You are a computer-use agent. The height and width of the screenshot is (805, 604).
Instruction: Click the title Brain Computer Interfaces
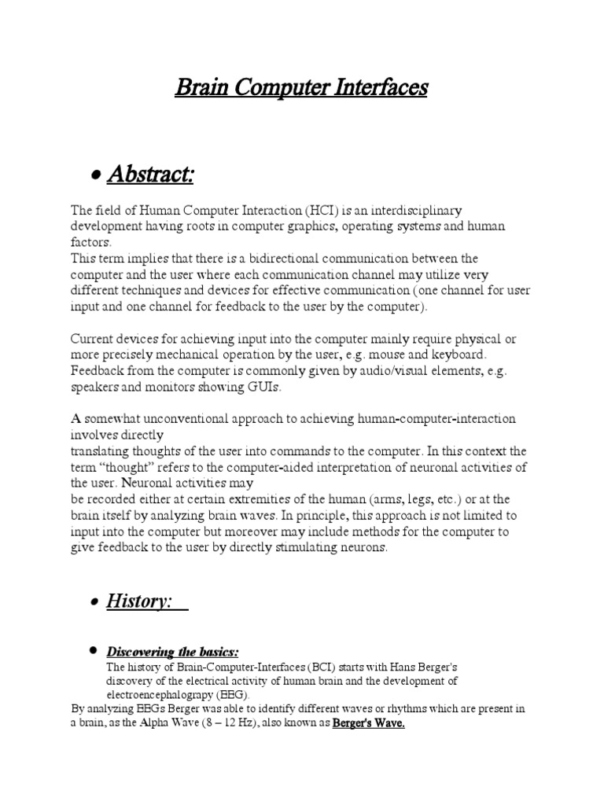(301, 87)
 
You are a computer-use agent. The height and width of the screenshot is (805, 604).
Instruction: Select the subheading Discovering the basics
(172, 652)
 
